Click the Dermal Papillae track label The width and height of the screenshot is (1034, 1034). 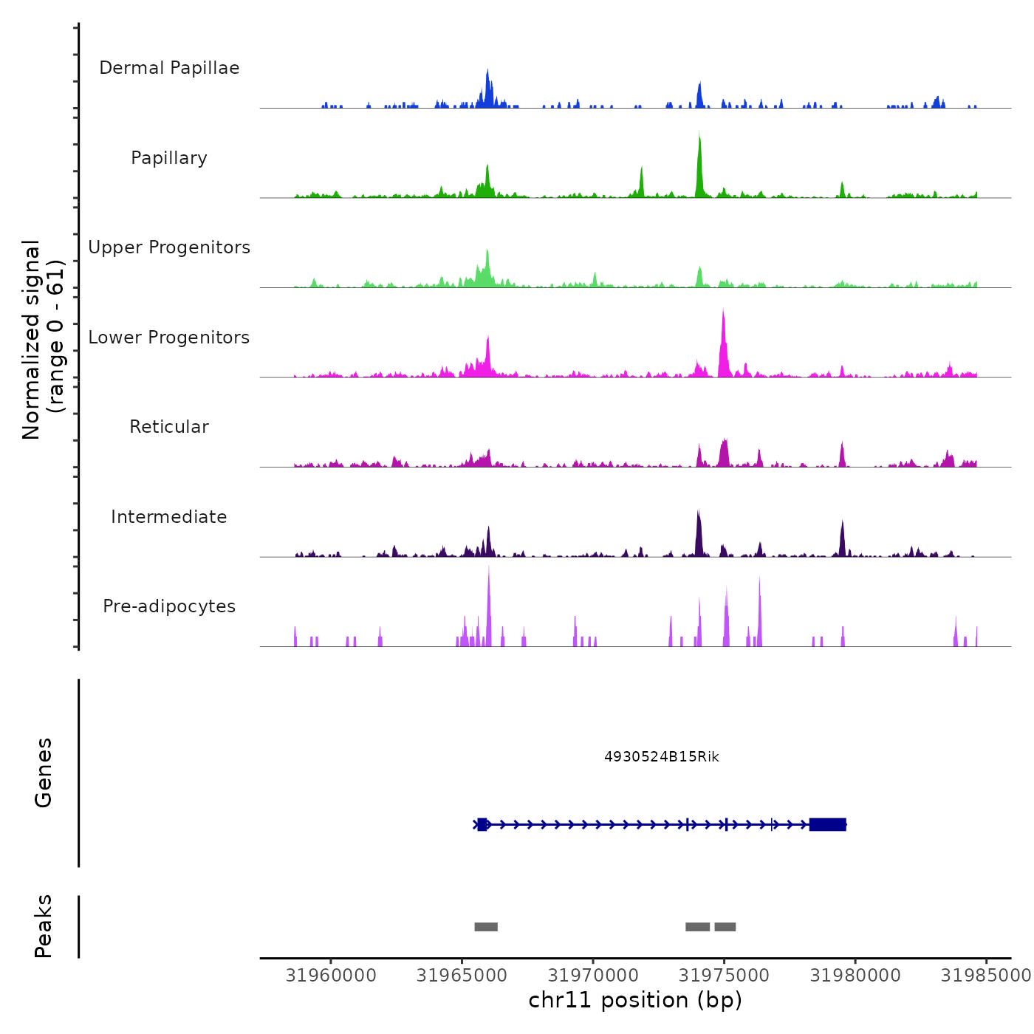coord(169,68)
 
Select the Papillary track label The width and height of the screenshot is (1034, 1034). coord(169,158)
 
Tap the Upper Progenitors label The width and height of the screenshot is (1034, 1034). coord(169,247)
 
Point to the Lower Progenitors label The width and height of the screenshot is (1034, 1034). coord(169,338)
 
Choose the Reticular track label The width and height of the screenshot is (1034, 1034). coord(169,427)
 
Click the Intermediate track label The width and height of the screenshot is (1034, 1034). coord(169,517)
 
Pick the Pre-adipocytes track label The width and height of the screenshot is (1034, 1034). coord(169,606)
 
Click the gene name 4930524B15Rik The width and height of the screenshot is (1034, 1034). coord(661,757)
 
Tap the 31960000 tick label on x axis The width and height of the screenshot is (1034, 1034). coord(331,976)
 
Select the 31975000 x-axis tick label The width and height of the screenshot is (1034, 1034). coord(724,976)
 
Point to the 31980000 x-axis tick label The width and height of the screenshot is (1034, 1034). coord(855,976)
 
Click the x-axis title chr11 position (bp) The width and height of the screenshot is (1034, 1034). coord(635,1001)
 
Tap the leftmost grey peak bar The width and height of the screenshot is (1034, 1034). coord(486,927)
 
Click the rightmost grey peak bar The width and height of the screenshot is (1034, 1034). coord(725,927)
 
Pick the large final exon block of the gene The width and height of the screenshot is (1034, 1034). coord(827,824)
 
